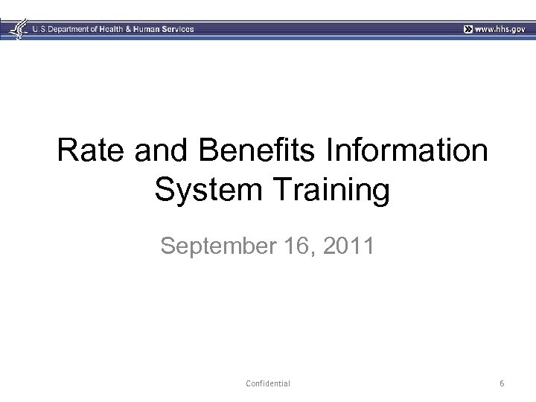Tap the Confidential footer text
[267, 383]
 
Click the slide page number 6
[502, 383]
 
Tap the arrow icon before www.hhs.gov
[467, 29]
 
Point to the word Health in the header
[118, 29]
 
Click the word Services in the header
[179, 29]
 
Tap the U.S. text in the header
[39, 29]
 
